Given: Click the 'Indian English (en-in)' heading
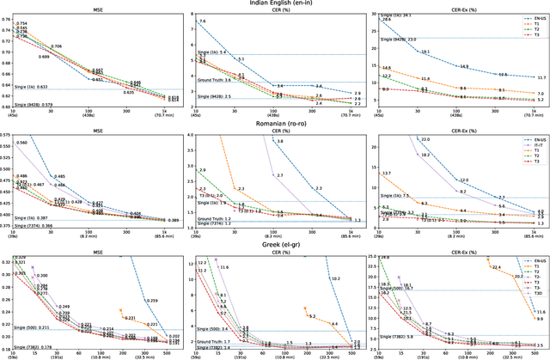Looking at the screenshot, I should [x=274, y=4].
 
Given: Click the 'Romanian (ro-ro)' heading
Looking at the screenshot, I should [x=274, y=124].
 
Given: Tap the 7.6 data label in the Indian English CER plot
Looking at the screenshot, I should [x=203, y=21].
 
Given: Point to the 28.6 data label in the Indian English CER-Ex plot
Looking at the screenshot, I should [x=386, y=19].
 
